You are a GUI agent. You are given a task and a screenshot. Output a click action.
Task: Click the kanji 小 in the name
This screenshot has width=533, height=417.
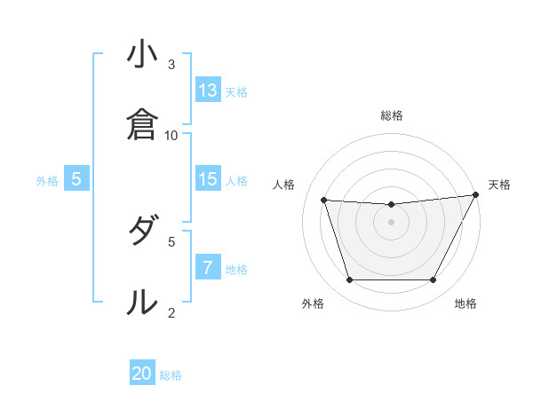(x=141, y=54)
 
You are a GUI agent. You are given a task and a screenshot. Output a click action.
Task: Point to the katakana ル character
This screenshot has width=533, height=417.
(x=141, y=302)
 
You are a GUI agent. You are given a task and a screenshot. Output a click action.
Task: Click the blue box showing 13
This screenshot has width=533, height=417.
(x=208, y=90)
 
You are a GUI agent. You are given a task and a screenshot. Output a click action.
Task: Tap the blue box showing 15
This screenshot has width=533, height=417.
(x=208, y=179)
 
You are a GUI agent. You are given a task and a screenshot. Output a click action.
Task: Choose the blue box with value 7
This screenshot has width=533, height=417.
(x=208, y=268)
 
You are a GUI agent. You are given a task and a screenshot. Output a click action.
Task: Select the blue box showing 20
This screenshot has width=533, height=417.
(x=142, y=374)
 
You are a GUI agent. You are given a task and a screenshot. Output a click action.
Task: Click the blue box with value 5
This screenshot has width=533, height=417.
(x=76, y=179)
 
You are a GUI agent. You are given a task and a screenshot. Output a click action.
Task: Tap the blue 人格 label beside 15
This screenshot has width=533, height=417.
(x=235, y=181)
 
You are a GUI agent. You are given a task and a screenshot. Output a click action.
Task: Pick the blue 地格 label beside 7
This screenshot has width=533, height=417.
(x=235, y=270)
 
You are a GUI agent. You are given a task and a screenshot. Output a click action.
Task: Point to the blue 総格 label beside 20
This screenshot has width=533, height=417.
(x=171, y=376)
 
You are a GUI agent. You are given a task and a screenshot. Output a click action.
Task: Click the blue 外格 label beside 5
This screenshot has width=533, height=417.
(x=47, y=181)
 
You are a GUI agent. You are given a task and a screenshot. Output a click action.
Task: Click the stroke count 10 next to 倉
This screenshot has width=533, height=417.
(x=171, y=135)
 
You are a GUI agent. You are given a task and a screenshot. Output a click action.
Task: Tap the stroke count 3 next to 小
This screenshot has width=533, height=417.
(x=171, y=65)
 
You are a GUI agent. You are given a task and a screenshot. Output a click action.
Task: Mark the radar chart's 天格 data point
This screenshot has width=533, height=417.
(x=477, y=195)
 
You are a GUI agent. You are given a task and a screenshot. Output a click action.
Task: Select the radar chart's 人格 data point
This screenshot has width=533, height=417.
(x=324, y=201)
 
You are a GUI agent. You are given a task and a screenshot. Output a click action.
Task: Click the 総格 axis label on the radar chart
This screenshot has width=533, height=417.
(x=392, y=115)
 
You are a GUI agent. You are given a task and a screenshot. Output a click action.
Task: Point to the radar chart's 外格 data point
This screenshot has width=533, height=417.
(x=349, y=280)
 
